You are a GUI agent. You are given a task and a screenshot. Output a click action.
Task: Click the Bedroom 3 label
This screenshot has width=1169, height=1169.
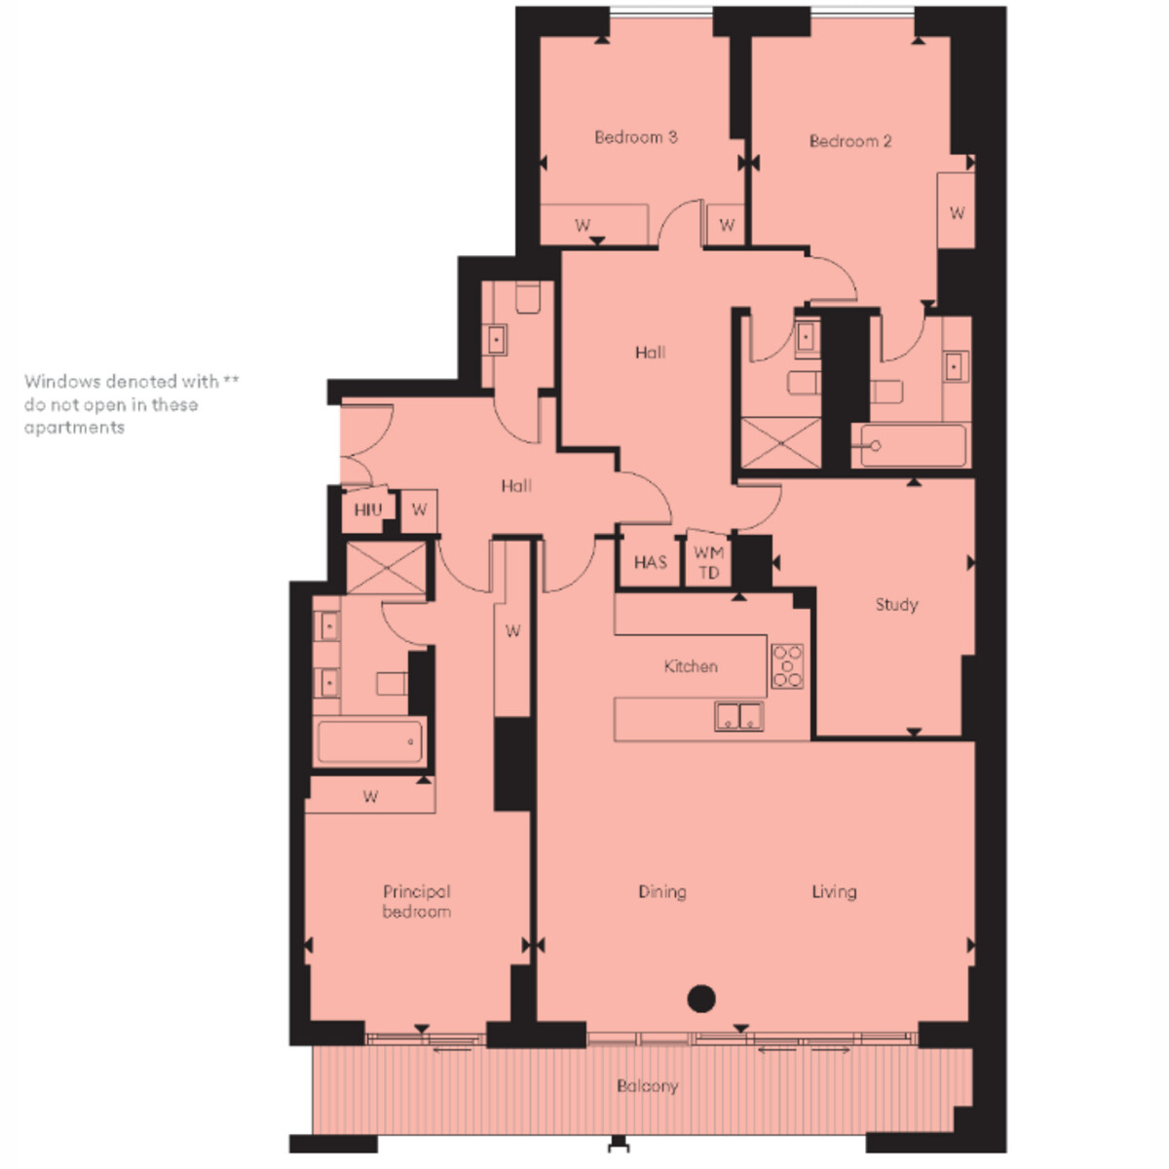coord(635,137)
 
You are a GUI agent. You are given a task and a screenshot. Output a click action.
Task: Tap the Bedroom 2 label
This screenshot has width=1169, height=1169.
coord(849,141)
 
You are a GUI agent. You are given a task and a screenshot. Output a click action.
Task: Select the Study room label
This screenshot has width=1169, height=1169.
coord(896,605)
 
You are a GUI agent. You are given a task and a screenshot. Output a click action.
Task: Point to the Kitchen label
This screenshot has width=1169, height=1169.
coord(691,666)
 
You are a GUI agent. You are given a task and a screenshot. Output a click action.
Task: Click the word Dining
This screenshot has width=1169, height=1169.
coord(661,892)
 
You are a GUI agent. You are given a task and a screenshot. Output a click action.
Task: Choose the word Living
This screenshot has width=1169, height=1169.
coord(834,892)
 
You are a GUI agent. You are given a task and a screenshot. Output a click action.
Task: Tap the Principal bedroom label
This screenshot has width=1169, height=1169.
coord(416,902)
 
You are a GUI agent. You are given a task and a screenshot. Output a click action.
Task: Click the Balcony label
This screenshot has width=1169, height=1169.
coord(647,1086)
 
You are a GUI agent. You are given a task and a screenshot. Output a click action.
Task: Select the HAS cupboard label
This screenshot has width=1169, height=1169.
coord(651,562)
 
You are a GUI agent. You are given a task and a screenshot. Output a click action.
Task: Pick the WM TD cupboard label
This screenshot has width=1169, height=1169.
coord(708,562)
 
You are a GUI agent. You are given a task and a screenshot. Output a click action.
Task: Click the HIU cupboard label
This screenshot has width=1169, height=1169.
coord(367,509)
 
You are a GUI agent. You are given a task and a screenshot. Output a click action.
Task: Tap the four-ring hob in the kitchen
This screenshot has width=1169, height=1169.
coord(787,666)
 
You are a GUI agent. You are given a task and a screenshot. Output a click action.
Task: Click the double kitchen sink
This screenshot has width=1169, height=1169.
coord(738,716)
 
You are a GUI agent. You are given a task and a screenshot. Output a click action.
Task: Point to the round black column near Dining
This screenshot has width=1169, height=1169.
coord(701,998)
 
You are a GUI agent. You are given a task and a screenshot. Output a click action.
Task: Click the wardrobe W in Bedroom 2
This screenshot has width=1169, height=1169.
coord(957,213)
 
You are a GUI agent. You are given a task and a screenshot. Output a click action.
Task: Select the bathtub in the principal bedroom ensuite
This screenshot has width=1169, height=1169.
coord(369,742)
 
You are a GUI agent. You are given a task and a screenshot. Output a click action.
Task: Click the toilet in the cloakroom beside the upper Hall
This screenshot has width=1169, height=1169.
coord(528,297)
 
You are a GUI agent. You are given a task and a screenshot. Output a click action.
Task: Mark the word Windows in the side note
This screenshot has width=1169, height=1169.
coord(62,382)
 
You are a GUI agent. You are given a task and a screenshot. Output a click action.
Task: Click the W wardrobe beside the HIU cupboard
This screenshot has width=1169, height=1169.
coord(419,510)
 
